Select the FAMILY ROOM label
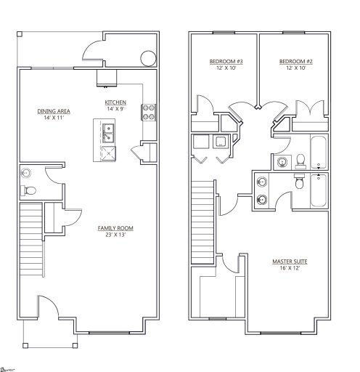(115, 228)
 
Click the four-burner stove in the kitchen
(148, 111)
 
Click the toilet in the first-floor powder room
(29, 191)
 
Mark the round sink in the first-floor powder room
(26, 174)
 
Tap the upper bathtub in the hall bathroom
(319, 151)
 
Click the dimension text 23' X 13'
(115, 235)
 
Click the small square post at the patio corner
(20, 33)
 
